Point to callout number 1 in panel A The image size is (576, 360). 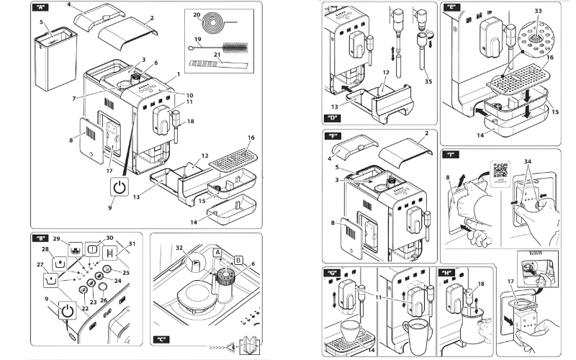tap(178, 75)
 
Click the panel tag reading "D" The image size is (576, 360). tap(333, 117)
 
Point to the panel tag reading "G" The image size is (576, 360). tap(333, 273)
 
